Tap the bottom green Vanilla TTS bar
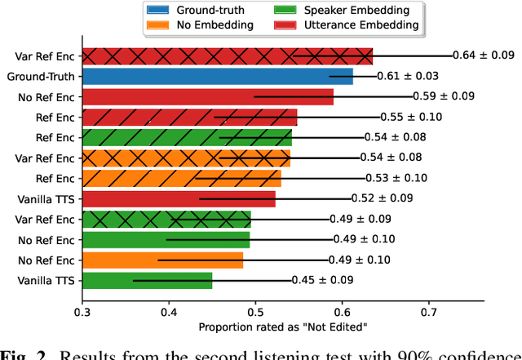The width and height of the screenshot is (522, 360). coord(148,281)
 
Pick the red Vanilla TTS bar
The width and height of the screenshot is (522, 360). coord(179,199)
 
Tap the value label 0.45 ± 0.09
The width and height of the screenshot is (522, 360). coord(324,280)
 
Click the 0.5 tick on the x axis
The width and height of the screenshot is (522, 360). coord(255,311)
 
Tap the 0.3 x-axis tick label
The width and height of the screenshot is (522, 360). coord(82,311)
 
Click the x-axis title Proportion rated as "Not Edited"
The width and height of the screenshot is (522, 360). coord(282,327)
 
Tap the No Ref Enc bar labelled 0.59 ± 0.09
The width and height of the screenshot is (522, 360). coord(208,97)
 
